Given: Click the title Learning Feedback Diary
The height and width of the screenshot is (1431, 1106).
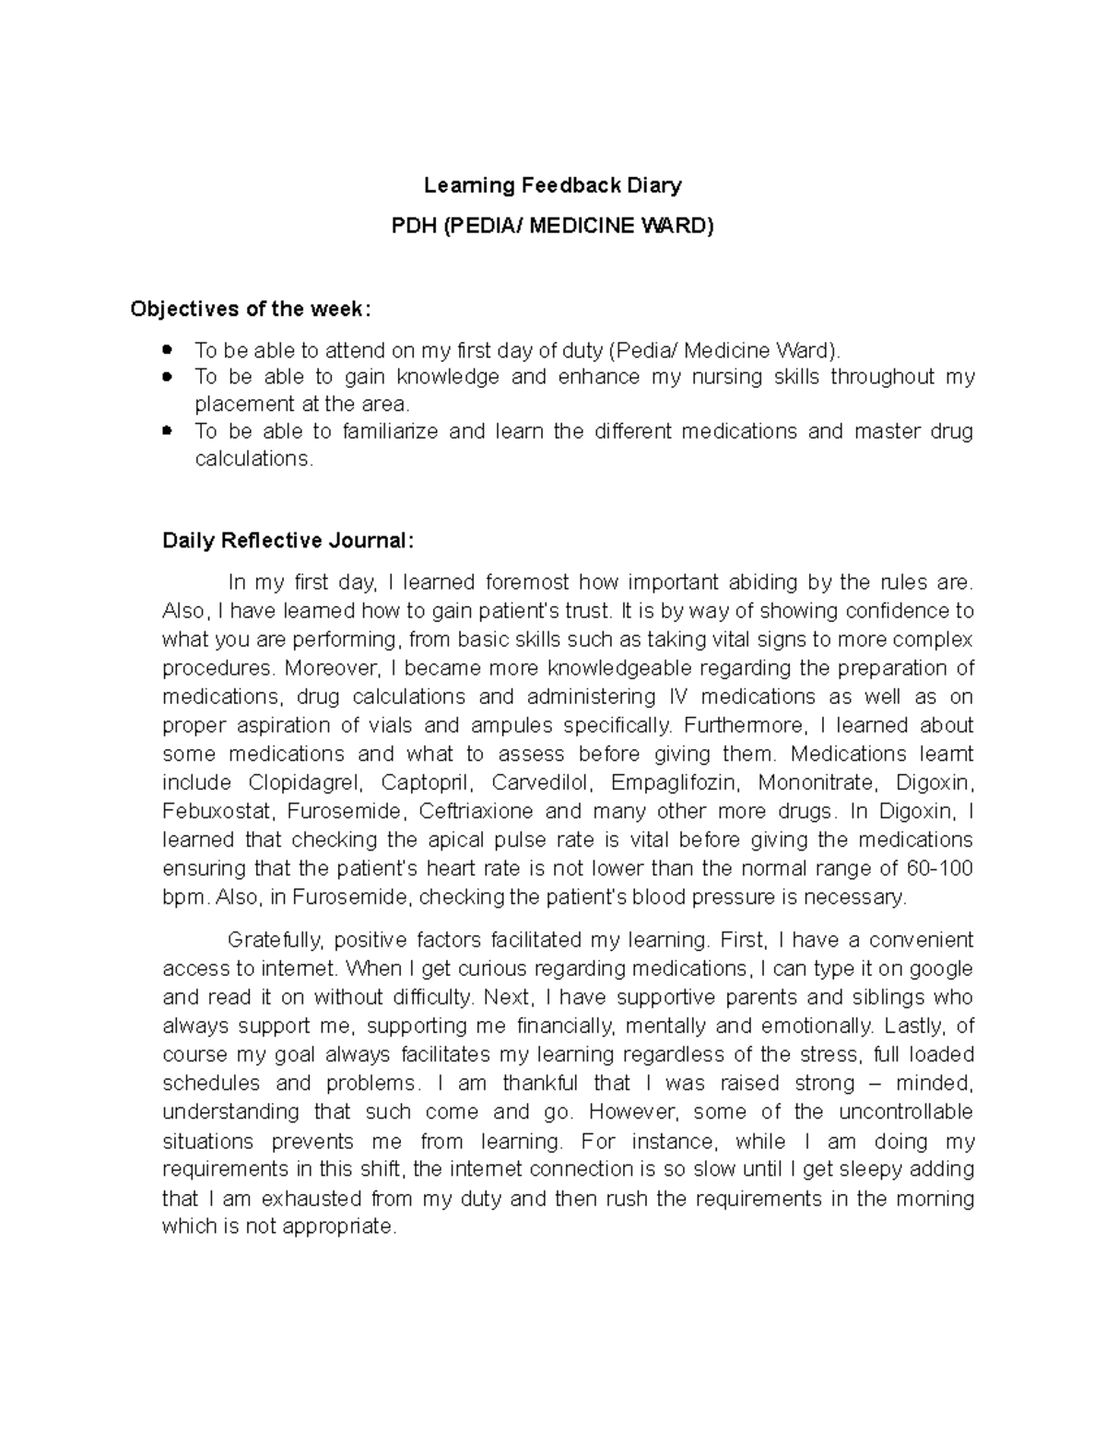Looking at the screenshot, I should (x=552, y=185).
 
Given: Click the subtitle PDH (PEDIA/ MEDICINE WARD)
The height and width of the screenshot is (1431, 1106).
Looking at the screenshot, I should (x=552, y=226).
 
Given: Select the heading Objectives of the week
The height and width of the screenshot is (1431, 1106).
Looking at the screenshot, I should (x=251, y=309).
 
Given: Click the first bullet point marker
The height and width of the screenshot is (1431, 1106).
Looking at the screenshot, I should (x=167, y=349).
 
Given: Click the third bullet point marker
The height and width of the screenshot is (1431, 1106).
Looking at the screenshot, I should (x=167, y=430).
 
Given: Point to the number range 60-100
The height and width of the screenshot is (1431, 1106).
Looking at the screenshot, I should (x=940, y=869).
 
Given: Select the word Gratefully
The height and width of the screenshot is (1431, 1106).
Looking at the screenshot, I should (x=274, y=940).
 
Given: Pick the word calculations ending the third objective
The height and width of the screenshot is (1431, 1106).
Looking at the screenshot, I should (x=253, y=459).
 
